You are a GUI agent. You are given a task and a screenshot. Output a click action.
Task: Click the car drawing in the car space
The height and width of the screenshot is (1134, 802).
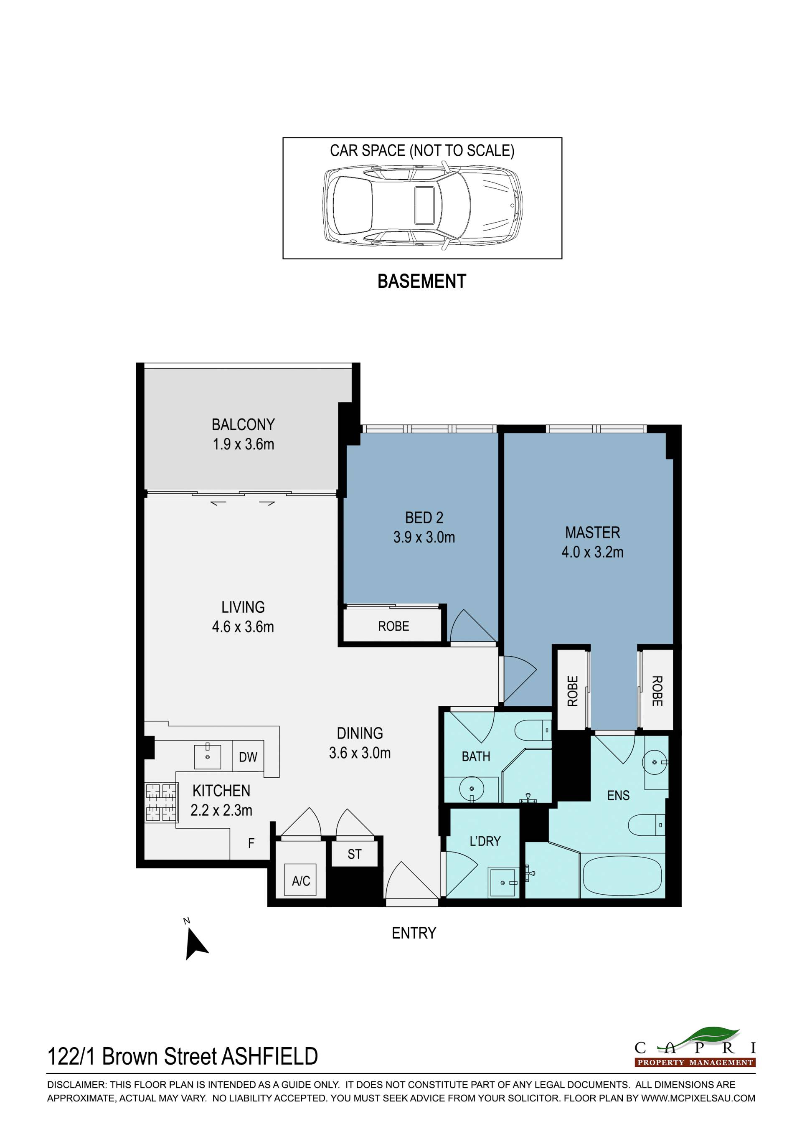(x=422, y=205)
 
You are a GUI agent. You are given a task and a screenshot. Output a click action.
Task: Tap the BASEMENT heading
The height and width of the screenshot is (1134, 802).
(x=422, y=281)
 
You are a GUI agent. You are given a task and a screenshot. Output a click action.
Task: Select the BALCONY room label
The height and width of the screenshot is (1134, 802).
(x=243, y=424)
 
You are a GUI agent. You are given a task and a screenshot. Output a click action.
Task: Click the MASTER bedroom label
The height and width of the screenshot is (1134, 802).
(x=593, y=533)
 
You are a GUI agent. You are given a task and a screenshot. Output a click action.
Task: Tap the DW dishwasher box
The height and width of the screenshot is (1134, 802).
(x=248, y=757)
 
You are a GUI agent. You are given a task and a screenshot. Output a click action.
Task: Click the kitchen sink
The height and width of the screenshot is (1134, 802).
(x=208, y=756)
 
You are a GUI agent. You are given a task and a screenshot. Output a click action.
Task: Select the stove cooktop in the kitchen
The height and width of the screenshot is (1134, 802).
(x=161, y=803)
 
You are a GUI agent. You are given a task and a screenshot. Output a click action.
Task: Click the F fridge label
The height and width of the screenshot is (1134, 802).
(x=251, y=843)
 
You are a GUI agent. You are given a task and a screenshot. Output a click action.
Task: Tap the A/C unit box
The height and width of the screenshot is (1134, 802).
(x=301, y=880)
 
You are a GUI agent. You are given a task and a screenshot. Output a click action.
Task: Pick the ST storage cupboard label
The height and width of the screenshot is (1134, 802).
(x=355, y=854)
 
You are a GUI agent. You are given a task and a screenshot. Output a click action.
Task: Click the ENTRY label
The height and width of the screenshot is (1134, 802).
(x=414, y=933)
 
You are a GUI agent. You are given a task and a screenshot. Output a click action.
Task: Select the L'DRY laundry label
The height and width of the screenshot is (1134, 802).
(x=485, y=841)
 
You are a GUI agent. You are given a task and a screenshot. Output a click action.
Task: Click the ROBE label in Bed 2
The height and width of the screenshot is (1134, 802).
(x=393, y=626)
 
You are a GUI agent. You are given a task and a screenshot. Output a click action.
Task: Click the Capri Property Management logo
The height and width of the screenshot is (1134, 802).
(x=695, y=1048)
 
